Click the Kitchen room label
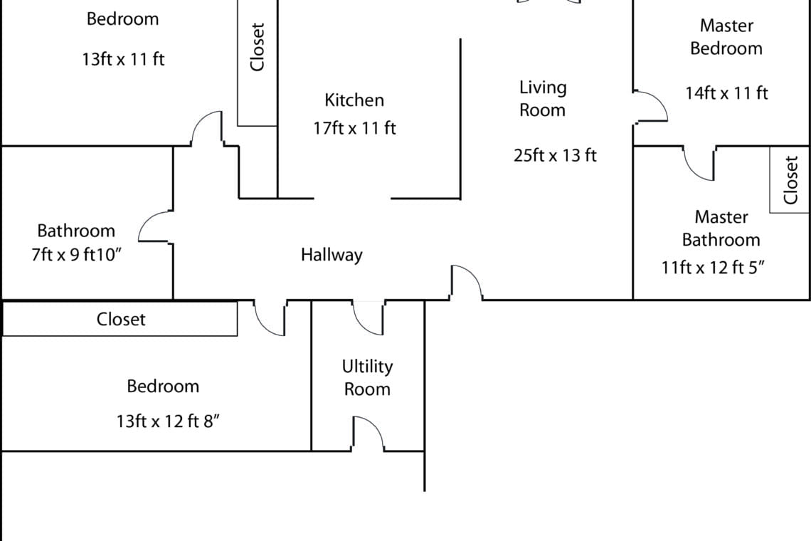(354, 100)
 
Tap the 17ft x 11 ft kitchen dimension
(354, 128)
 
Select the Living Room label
(543, 98)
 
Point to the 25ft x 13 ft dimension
(555, 155)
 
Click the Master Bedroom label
(726, 37)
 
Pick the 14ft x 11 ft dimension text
(726, 93)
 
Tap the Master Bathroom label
(721, 229)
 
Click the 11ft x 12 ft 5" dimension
(714, 268)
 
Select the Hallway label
(332, 255)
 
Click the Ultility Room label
(367, 378)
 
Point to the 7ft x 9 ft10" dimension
(77, 255)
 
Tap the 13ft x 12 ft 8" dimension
(168, 421)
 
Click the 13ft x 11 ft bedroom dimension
(123, 59)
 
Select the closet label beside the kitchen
(257, 46)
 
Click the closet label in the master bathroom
(790, 180)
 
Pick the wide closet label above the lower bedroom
(121, 319)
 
